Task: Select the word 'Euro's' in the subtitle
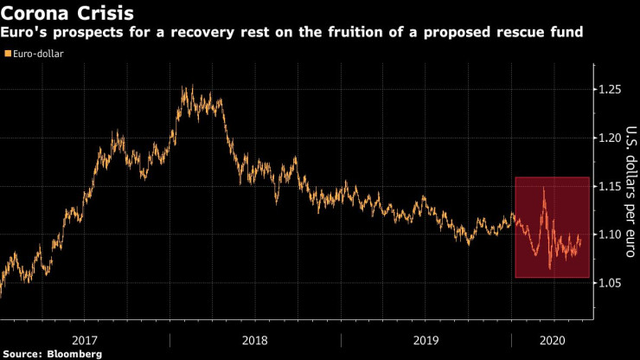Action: tap(27, 32)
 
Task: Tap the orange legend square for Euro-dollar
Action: tap(8, 54)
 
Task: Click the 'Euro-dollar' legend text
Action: tap(38, 54)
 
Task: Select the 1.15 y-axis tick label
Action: tap(611, 186)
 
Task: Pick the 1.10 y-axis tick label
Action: tap(611, 235)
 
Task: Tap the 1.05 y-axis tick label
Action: tap(611, 283)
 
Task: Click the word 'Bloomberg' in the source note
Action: tap(75, 354)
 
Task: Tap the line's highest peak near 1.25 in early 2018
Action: tap(183, 86)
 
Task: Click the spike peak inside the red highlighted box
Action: tap(543, 187)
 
